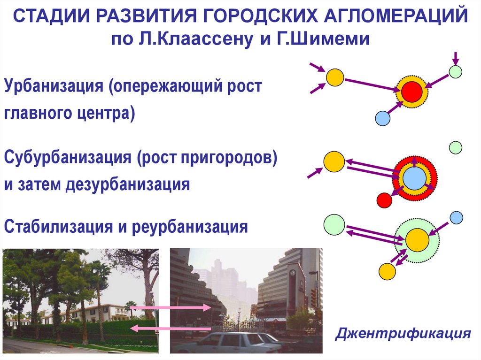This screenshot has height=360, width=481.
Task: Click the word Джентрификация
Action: (403, 334)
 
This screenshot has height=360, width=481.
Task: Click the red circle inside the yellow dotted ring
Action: (412, 92)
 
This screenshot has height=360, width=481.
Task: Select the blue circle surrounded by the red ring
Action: (414, 178)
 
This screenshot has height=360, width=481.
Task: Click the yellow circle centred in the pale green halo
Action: (417, 240)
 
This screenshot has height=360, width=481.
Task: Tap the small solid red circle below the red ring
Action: (384, 200)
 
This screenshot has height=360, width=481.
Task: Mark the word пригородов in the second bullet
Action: (225, 157)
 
